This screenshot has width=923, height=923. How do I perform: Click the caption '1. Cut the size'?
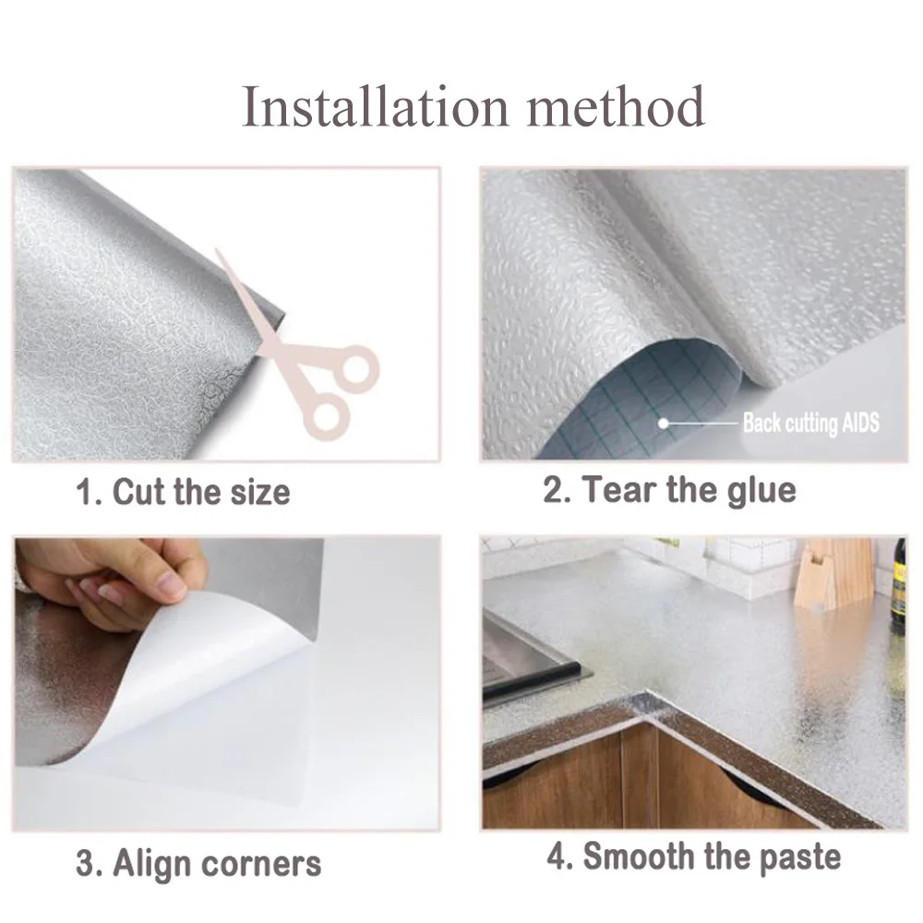pyautogui.click(x=183, y=491)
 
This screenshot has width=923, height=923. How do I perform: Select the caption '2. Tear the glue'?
pyautogui.click(x=668, y=489)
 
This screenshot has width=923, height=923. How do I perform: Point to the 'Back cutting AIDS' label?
pyautogui.click(x=810, y=424)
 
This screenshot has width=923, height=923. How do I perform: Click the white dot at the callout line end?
pyautogui.click(x=663, y=424)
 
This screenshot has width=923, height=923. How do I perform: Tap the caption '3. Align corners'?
pyautogui.click(x=198, y=864)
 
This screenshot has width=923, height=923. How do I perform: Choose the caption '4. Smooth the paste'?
pyautogui.click(x=693, y=857)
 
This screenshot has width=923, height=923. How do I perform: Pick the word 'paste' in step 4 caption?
pyautogui.click(x=797, y=857)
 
